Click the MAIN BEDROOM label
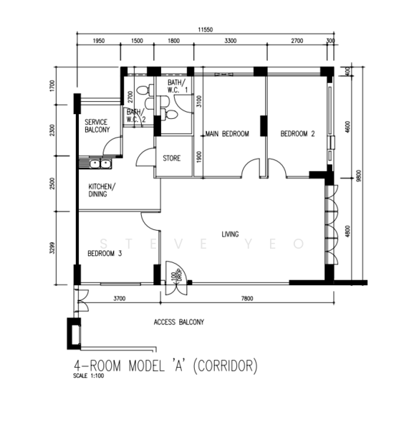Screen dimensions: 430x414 (226, 134)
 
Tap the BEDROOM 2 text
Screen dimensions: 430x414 (297, 134)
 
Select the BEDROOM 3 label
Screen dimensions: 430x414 (105, 253)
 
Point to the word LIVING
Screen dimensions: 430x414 (230, 234)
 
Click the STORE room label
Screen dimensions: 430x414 (172, 158)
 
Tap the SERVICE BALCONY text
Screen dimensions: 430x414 (97, 126)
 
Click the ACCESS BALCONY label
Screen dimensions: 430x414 (178, 322)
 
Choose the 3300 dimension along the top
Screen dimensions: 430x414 (229, 42)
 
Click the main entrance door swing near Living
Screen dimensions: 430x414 (175, 275)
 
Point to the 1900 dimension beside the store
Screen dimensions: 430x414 (199, 157)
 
